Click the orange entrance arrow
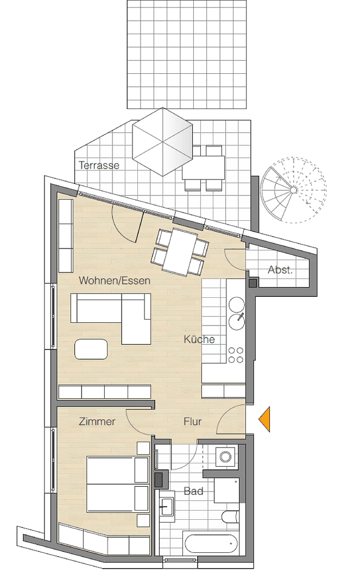(265, 419)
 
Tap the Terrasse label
(99, 165)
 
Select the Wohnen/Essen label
(115, 281)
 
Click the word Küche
(199, 340)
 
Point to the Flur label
(192, 421)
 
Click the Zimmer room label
(97, 421)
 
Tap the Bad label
(193, 491)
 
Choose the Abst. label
(280, 270)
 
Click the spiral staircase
(293, 189)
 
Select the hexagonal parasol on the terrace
(163, 142)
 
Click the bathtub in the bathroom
(211, 543)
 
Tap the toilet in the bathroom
(230, 517)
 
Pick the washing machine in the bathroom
(224, 457)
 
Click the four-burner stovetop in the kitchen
(236, 354)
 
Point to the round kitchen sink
(237, 321)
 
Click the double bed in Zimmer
(117, 485)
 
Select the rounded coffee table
(91, 348)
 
